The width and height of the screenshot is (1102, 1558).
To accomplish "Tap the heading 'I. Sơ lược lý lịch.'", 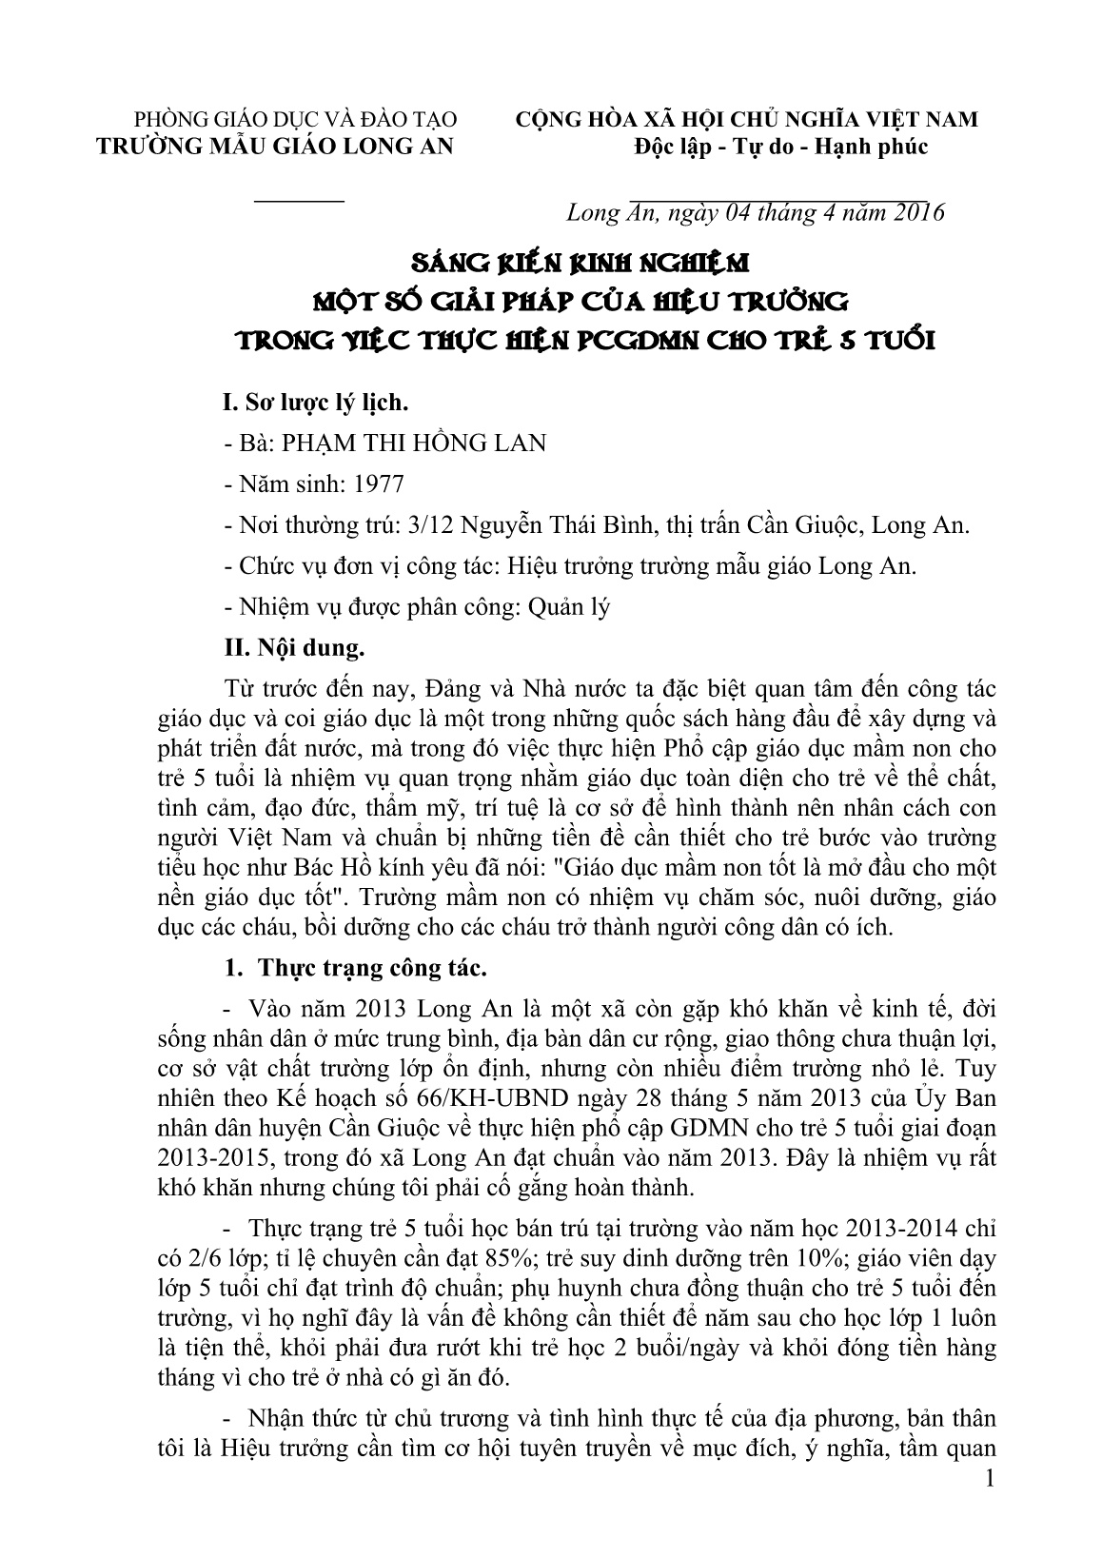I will click(314, 403).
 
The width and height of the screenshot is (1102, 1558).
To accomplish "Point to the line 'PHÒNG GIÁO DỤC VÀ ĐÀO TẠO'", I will click(296, 120).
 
